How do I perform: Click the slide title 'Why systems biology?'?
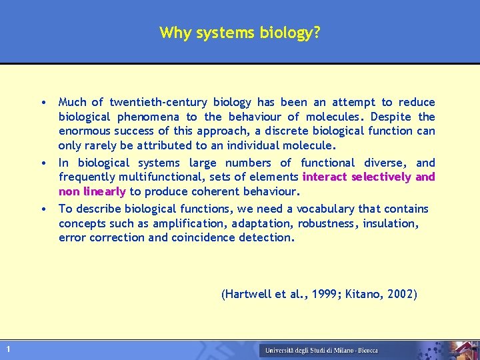point(239,33)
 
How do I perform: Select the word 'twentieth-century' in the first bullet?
point(159,102)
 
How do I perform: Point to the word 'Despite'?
point(387,117)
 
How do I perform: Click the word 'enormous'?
point(83,131)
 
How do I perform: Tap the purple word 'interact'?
point(325,177)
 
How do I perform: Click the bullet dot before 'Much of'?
point(42,103)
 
